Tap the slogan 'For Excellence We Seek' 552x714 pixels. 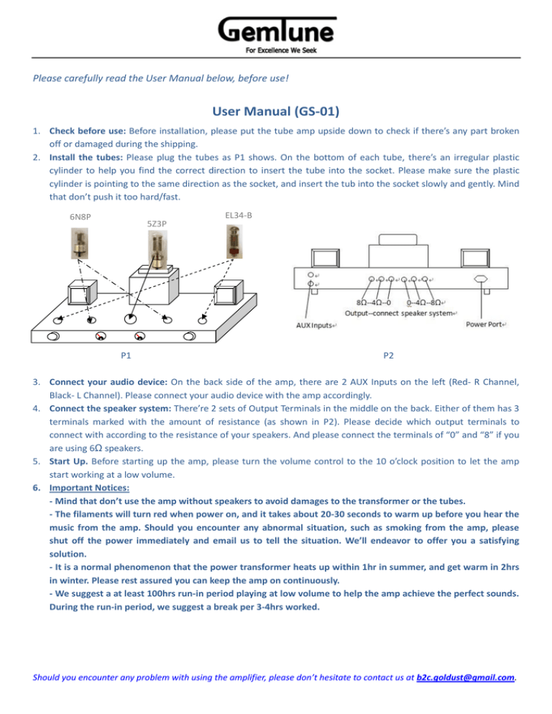(277, 50)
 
